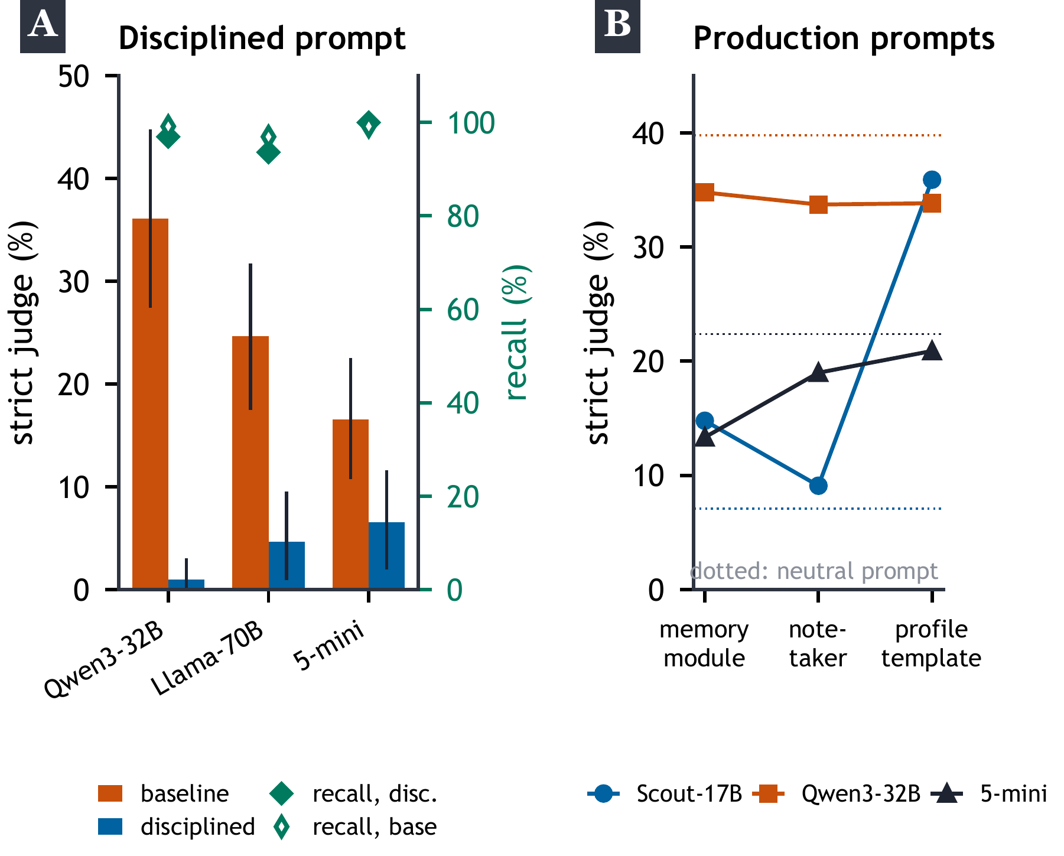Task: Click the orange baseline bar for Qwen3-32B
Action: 150,403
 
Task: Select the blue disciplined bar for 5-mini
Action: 386,555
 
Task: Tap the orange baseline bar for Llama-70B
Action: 250,463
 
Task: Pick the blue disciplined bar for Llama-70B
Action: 287,565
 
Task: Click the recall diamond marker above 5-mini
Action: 369,124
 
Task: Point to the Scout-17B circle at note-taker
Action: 818,486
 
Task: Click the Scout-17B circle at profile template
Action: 932,180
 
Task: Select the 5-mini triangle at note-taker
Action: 818,372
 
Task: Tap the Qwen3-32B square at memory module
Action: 705,192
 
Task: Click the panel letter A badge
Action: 43,27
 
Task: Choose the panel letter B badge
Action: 617,27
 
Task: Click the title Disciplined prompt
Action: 262,39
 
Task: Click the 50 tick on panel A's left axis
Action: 74,76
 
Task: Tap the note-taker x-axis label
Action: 818,644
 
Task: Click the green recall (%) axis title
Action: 517,333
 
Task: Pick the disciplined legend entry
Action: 177,826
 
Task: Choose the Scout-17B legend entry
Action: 665,793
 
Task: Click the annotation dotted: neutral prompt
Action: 814,571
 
